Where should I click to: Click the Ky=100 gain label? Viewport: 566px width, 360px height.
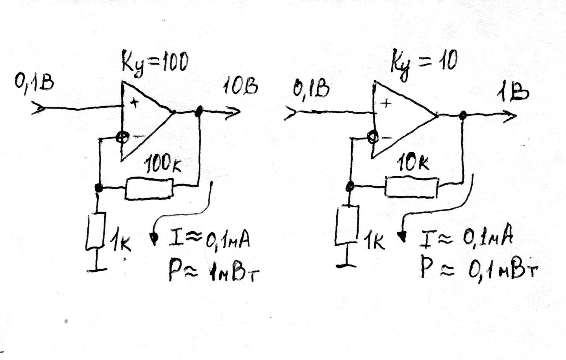click(154, 63)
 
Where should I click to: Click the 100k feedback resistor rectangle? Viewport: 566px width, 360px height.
click(149, 188)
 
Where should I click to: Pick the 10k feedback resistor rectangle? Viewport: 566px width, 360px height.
click(411, 187)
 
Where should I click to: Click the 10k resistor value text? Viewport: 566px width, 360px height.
click(412, 162)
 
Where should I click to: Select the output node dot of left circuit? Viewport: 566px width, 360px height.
click(199, 111)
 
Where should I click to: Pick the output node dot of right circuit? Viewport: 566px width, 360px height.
click(463, 115)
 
